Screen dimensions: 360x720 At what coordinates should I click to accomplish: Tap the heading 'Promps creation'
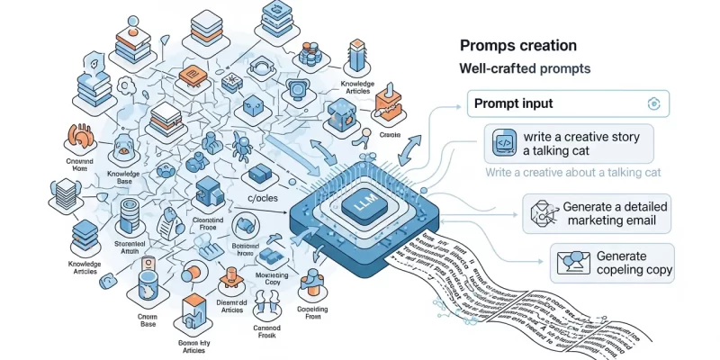[x=518, y=45]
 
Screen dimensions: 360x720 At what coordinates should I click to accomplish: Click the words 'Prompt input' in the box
[x=515, y=103]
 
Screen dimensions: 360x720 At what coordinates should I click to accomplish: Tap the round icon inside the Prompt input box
[x=654, y=103]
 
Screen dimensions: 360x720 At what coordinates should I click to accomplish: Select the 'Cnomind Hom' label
[x=80, y=164]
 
